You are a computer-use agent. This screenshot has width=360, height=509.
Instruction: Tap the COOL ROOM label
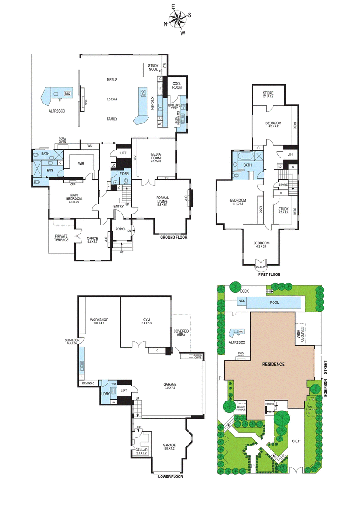(176, 85)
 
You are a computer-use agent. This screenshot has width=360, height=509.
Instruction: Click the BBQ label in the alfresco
(67, 94)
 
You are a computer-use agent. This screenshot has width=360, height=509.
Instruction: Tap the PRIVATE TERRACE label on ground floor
(62, 238)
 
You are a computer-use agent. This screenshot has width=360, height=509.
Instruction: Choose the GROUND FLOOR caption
(174, 237)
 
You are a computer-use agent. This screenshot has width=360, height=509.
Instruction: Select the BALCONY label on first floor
(261, 267)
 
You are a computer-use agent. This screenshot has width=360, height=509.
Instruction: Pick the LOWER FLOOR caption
(171, 476)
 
